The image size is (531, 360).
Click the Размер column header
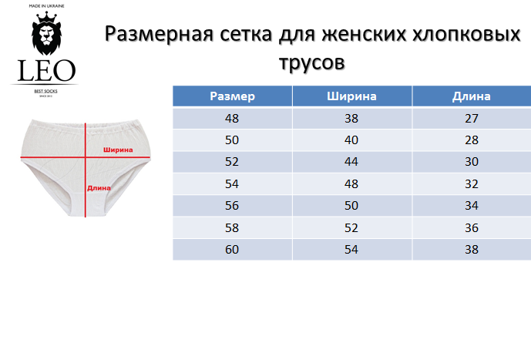(232, 96)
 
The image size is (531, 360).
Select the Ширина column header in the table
(352, 96)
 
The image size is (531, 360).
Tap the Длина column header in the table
(472, 96)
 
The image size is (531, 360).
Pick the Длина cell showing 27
(472, 118)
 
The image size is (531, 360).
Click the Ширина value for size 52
(351, 162)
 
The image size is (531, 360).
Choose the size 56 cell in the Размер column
(232, 206)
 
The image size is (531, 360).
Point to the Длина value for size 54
(472, 184)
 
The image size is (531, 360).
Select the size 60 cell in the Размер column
(232, 250)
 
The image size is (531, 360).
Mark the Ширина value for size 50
(351, 140)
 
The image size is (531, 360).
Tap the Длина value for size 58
(472, 227)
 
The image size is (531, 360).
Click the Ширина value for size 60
(351, 250)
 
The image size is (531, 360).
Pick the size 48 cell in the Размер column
(232, 118)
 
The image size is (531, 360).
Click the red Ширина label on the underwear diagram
(118, 150)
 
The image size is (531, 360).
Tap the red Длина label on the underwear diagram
(99, 188)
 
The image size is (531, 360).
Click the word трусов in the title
(312, 62)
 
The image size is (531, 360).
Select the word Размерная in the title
(160, 34)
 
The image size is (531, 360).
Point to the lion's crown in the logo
(46, 16)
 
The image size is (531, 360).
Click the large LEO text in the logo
(46, 71)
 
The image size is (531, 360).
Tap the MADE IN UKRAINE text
(46, 6)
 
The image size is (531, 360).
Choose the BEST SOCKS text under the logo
(45, 91)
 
